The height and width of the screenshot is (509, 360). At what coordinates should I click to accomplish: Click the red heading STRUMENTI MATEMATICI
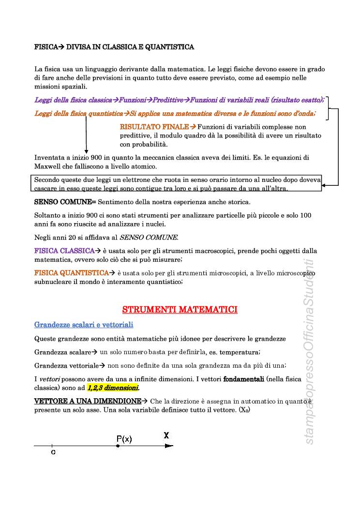(x=180, y=309)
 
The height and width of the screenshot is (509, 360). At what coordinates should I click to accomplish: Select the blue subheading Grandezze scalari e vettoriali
(x=84, y=324)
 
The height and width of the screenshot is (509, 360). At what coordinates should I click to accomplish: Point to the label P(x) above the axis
(x=124, y=439)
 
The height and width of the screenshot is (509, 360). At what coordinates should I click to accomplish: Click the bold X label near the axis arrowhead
(x=166, y=435)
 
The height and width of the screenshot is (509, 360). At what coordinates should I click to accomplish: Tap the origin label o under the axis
(x=53, y=452)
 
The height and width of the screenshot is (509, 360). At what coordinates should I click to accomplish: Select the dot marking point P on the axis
(x=118, y=446)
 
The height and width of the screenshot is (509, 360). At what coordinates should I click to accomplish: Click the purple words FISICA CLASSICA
(x=64, y=251)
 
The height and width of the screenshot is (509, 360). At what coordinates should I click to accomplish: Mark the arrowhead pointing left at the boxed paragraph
(x=325, y=185)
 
